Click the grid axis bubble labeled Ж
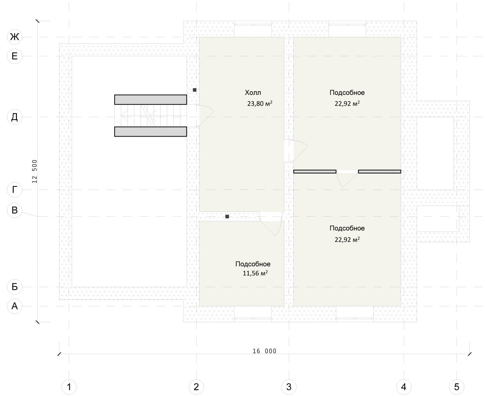[15, 37]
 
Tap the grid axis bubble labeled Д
[15, 117]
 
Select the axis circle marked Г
[15, 190]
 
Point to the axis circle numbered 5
[457, 387]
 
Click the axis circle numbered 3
[289, 387]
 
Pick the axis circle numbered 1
[69, 387]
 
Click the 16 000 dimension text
[264, 351]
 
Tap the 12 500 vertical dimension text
[34, 171]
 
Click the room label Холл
[253, 93]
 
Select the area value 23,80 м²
[260, 104]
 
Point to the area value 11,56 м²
[255, 273]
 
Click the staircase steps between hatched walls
[151, 115]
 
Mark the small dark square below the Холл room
[227, 216]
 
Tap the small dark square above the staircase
[195, 90]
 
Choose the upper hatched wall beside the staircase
[151, 100]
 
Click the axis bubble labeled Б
[15, 287]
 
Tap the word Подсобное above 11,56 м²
[253, 264]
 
